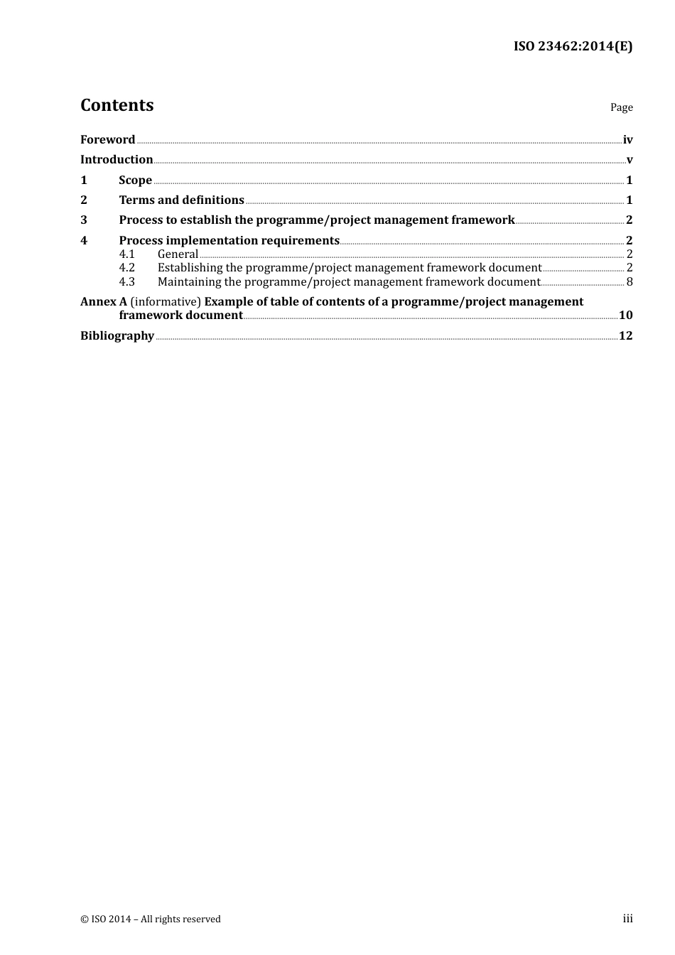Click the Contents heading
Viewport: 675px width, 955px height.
click(117, 105)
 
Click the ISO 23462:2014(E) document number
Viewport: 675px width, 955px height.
click(573, 46)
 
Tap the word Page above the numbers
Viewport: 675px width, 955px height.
click(621, 107)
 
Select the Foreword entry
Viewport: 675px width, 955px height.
click(107, 139)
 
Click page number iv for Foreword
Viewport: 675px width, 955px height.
click(627, 140)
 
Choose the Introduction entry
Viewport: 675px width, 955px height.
click(117, 159)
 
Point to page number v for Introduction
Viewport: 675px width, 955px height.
click(630, 160)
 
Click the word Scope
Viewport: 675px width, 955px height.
click(135, 180)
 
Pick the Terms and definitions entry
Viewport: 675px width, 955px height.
click(181, 200)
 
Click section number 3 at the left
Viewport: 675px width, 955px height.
click(84, 220)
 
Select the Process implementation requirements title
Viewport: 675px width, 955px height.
click(229, 240)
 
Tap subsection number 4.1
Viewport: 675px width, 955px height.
click(126, 254)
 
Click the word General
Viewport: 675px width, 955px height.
click(178, 254)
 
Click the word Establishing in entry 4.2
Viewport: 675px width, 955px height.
click(190, 268)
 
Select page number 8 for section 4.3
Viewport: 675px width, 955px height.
click(630, 281)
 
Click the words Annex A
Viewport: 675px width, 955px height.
click(104, 301)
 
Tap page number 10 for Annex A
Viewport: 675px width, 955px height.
click(625, 315)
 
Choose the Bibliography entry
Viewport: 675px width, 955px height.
click(117, 335)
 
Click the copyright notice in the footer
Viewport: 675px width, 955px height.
click(151, 919)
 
